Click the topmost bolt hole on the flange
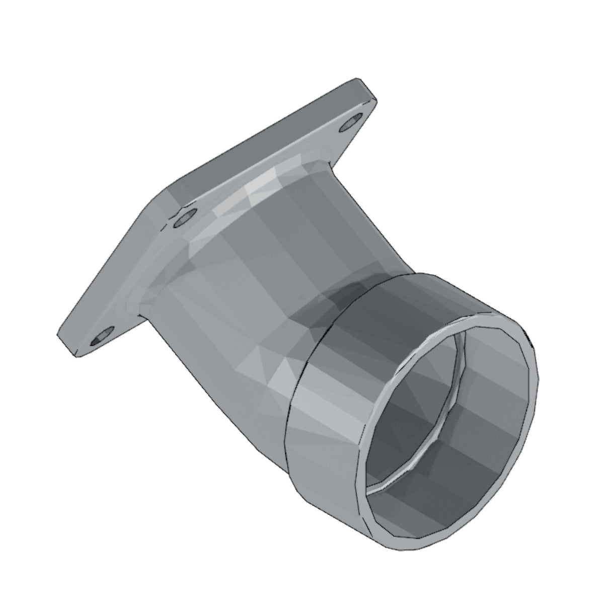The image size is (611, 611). (350, 123)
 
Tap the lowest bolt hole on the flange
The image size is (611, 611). (100, 336)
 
